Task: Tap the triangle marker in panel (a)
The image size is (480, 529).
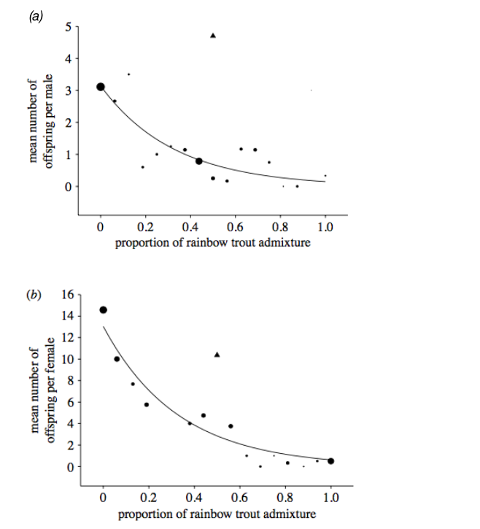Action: coord(213,35)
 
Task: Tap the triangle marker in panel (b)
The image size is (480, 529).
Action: coord(217,355)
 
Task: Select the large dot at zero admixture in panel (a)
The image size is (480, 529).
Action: coord(101,87)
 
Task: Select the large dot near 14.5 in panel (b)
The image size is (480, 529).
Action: coord(104,309)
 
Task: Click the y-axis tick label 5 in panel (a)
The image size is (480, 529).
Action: coord(68,27)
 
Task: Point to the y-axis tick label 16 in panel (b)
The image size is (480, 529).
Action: coord(69,295)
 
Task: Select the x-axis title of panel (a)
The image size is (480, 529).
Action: coord(212,242)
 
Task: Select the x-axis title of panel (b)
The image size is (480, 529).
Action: coord(216,514)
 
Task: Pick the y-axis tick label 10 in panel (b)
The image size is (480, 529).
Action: coord(69,359)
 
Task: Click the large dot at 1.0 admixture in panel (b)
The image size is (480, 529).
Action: coord(330,460)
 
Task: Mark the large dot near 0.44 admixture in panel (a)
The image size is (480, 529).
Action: coord(199,161)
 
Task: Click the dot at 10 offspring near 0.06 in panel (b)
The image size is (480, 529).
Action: coord(117,359)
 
